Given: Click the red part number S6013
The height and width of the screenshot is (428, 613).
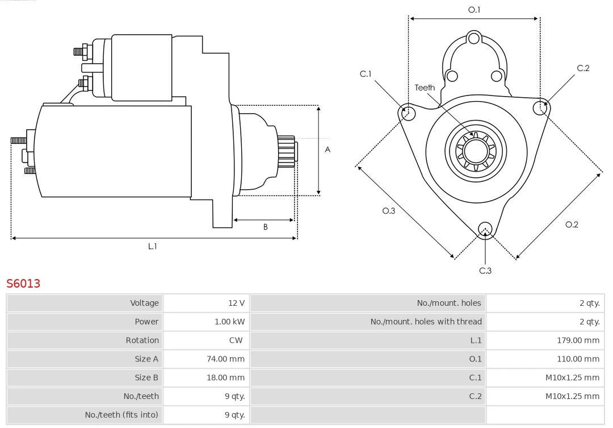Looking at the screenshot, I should [23, 283].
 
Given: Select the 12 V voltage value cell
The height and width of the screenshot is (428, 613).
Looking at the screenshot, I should [237, 303].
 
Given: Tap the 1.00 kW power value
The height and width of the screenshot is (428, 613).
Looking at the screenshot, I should [230, 322].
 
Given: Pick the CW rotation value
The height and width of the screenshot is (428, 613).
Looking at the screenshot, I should [236, 340].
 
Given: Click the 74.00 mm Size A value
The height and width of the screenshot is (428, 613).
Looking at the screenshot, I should [225, 359].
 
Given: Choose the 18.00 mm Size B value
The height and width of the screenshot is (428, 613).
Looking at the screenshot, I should [225, 377].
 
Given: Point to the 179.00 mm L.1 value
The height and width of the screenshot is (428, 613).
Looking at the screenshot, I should [578, 340].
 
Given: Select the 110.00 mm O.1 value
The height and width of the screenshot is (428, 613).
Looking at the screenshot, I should [578, 359].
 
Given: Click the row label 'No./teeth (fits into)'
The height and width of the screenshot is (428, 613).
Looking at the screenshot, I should [121, 415].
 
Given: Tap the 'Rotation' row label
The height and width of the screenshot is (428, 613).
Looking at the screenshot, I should [142, 340].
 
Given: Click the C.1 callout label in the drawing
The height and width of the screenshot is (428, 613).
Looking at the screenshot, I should [366, 74].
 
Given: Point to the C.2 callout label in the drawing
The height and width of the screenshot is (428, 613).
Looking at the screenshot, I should [583, 68].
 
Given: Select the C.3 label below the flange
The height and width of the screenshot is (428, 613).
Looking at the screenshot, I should [485, 271].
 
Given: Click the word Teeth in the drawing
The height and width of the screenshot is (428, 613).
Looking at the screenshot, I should [425, 88].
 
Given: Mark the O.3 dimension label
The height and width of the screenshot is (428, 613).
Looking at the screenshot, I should [388, 211].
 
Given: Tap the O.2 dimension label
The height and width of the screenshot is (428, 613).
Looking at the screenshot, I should [572, 225].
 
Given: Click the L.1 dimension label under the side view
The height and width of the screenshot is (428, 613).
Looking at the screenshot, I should [152, 246].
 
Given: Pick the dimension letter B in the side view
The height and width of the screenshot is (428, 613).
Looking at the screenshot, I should [265, 227].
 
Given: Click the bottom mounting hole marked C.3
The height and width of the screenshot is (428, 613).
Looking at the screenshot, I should [485, 229].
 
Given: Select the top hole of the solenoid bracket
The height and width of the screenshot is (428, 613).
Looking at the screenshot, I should [474, 39].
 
